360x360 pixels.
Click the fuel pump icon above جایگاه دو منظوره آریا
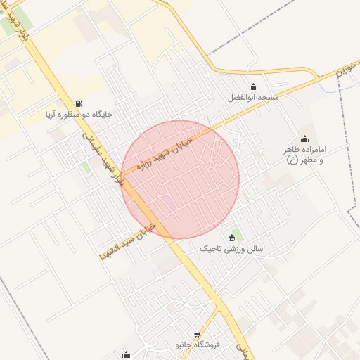[x=77, y=103]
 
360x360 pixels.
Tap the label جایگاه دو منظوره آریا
[x=79, y=114]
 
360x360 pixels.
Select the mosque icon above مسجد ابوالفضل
[x=253, y=86]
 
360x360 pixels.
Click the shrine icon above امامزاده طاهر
[x=304, y=139]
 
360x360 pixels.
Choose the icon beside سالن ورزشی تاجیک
[x=232, y=238]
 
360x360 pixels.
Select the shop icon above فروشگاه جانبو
[x=198, y=335]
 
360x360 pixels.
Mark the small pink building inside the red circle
[x=169, y=204]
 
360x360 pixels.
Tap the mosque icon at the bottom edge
[x=126, y=355]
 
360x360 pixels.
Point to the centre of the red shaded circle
[x=180, y=179]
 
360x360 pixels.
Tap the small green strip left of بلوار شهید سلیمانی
[x=86, y=168]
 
